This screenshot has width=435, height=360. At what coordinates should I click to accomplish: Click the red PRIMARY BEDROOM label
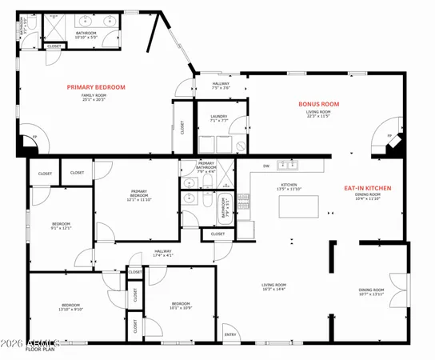point(96,86)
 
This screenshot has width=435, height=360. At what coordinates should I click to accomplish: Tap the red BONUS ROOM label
point(319,104)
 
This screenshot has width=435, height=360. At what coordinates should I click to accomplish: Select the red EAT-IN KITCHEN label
point(367,188)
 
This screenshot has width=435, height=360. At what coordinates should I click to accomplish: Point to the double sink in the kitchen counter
point(288,166)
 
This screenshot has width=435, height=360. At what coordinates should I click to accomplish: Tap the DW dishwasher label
point(265,166)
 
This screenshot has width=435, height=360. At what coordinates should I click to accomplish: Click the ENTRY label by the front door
point(230,334)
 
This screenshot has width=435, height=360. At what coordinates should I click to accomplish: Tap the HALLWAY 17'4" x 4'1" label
point(163,254)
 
